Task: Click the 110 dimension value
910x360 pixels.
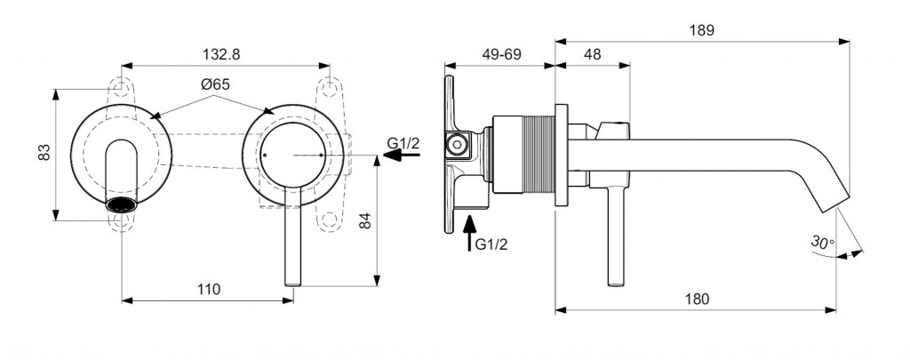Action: pos(208,289)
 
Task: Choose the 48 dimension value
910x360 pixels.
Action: pos(592,54)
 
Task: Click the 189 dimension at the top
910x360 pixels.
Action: pos(700,29)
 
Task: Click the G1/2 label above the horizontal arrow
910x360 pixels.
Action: pos(403,141)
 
